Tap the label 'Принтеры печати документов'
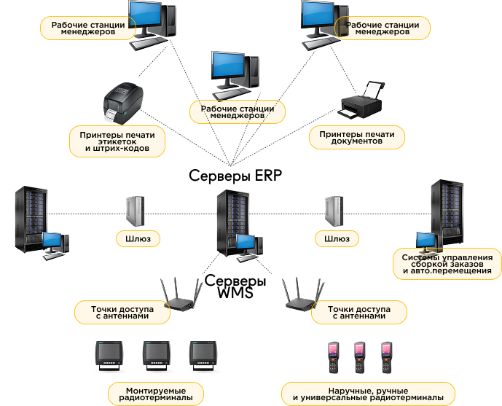pos(357,138)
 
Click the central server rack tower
pos(232,219)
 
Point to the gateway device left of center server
pos(135,211)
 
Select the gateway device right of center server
pos(333,211)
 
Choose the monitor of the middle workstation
pos(232,68)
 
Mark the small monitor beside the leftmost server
pos(55,241)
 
